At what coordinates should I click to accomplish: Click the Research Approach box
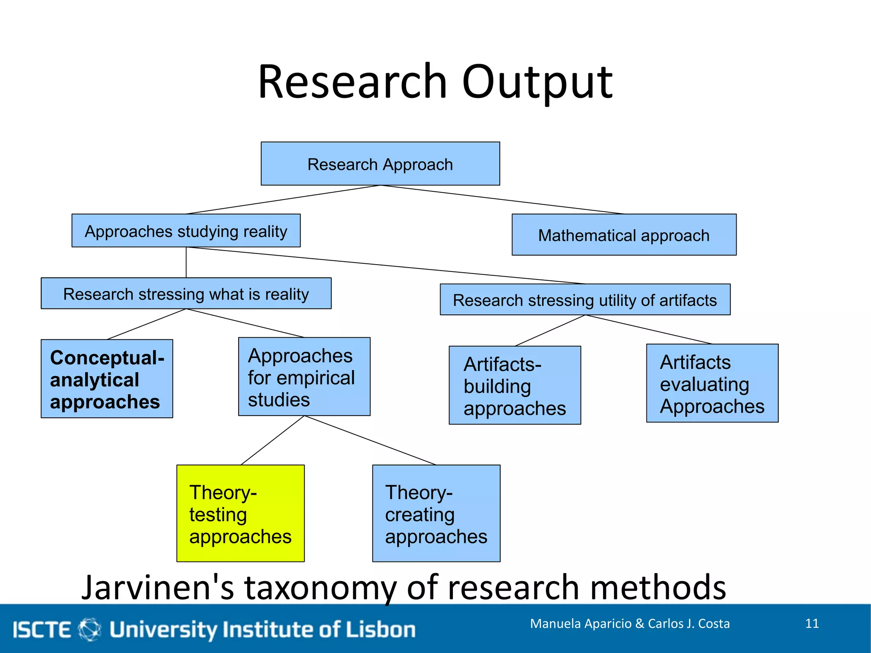(380, 164)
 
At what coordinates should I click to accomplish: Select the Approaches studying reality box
(186, 231)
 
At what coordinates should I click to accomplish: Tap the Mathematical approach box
(624, 235)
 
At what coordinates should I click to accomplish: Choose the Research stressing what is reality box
(186, 294)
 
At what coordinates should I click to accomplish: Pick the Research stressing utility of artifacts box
(585, 299)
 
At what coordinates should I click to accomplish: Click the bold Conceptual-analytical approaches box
(107, 379)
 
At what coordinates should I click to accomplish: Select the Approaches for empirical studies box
(304, 376)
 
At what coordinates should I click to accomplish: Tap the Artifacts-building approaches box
(515, 385)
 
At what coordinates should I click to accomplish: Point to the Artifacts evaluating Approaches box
(712, 383)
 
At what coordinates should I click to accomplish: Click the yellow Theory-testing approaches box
(240, 513)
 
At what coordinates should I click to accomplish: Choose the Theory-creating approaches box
(436, 513)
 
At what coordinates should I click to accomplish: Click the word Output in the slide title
(537, 82)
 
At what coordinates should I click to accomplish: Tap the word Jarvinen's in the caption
(157, 587)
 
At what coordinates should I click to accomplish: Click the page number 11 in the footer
(812, 624)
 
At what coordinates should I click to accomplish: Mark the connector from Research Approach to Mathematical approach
(502, 200)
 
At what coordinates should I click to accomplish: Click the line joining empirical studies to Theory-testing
(272, 440)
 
